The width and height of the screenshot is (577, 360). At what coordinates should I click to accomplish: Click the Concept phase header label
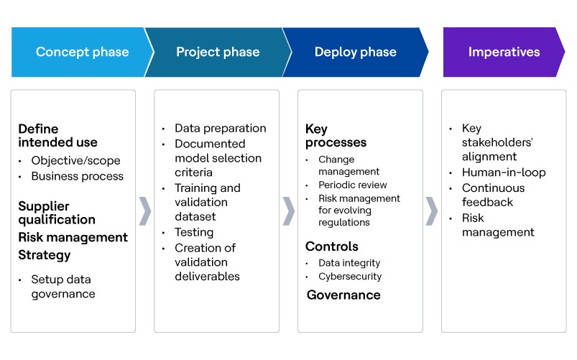pos(82,52)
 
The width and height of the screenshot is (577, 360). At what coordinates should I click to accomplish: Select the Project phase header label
pos(218,52)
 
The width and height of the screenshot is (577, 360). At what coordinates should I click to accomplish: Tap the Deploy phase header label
pos(355,52)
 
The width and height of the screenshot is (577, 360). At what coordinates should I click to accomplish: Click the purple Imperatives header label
pos(504,52)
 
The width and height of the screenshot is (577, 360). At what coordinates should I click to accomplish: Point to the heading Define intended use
pos(57,136)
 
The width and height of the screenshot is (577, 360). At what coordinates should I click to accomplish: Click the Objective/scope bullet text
pos(75,160)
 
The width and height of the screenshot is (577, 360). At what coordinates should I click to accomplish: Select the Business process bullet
pos(77,176)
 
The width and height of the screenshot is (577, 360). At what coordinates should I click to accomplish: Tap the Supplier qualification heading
pos(57,213)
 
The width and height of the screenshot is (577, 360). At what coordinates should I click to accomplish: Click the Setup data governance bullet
pos(63,286)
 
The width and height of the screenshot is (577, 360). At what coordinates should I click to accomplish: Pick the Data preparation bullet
pos(220,129)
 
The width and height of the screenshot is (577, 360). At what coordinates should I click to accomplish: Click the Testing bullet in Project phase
pos(194,232)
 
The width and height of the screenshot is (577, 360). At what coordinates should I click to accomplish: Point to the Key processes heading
pos(336,136)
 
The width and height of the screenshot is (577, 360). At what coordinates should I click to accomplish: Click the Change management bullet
pos(348,165)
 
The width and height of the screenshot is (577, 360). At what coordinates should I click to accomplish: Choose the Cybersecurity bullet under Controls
pos(350,276)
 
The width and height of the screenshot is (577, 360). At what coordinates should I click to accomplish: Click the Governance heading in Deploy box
pos(343,295)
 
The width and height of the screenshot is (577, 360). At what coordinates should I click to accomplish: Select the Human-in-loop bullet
pos(503,172)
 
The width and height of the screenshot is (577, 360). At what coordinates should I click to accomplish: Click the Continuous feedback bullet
pos(493,195)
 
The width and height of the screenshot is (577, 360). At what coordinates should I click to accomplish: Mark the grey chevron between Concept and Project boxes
pos(144,210)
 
